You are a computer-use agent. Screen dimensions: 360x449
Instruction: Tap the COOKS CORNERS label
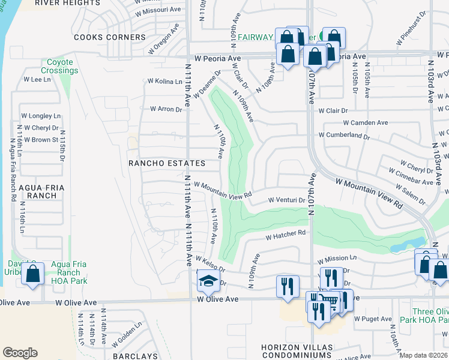pyautogui.click(x=110, y=37)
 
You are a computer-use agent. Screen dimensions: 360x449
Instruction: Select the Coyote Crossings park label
pyautogui.click(x=60, y=66)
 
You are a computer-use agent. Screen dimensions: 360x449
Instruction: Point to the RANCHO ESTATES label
pyautogui.click(x=167, y=163)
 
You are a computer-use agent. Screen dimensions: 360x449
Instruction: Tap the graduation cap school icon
pyautogui.click(x=208, y=280)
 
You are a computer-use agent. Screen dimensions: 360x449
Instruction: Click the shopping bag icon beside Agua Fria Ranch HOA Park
pyautogui.click(x=32, y=274)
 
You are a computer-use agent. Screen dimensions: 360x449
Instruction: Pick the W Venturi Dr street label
pyautogui.click(x=286, y=200)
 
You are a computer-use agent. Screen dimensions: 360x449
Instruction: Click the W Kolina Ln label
pyautogui.click(x=165, y=81)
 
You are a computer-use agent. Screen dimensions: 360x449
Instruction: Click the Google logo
pyautogui.click(x=20, y=352)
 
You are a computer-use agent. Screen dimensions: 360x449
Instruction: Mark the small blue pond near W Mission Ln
pyautogui.click(x=401, y=246)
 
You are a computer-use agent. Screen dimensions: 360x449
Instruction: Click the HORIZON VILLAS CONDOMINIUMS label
pyautogui.click(x=296, y=352)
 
